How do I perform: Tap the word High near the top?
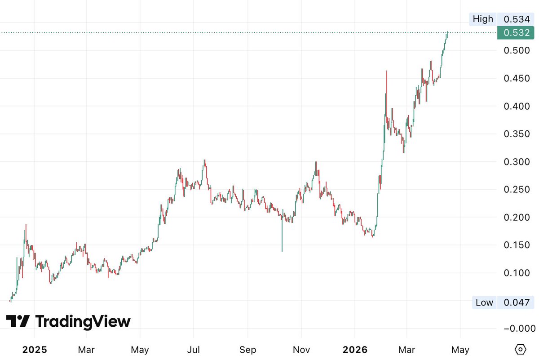483,19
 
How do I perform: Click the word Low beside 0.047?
484,302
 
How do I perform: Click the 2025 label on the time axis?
35,350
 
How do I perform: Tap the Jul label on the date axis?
194,350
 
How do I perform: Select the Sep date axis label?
247,350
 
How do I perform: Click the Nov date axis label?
301,350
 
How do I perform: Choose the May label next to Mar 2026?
460,350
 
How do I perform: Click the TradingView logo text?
83,322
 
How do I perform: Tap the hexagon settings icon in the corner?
520,349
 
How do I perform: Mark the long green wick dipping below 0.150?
282,238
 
